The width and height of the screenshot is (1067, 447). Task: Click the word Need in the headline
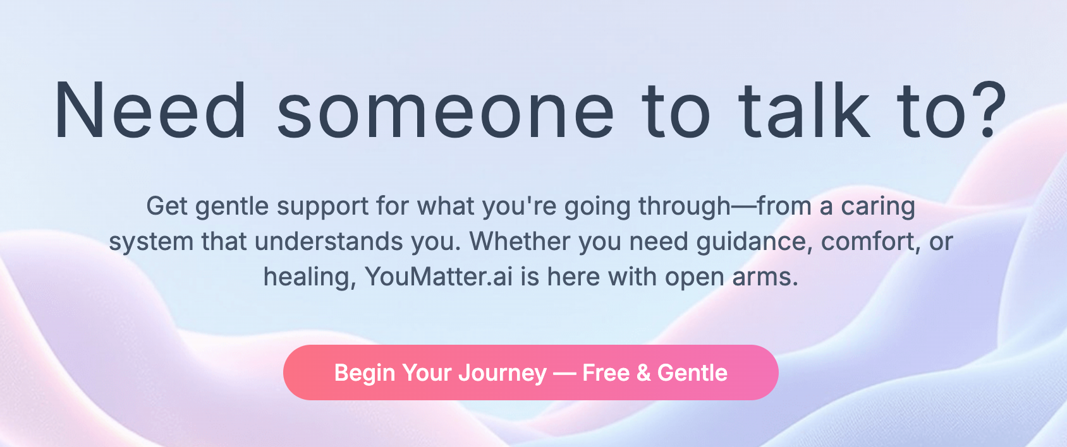click(150, 110)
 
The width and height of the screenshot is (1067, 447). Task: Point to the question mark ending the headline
click(984, 110)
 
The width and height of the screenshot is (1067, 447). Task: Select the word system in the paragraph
click(151, 242)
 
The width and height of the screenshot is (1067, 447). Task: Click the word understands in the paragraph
click(329, 241)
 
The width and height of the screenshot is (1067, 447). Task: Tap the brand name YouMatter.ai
click(439, 277)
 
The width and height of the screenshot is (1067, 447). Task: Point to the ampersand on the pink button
click(643, 373)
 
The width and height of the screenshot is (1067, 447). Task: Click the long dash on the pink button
click(565, 374)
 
